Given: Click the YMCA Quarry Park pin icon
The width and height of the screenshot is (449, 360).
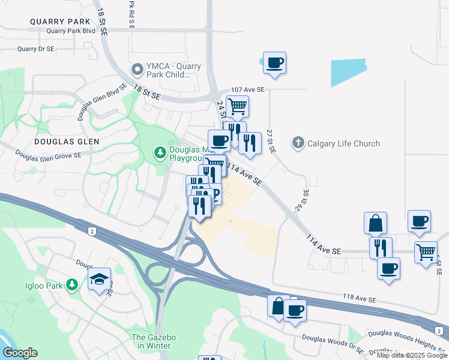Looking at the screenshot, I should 137,70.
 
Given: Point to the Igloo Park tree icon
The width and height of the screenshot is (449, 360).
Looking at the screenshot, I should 71,284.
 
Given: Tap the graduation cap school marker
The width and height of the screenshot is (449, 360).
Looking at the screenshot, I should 99,279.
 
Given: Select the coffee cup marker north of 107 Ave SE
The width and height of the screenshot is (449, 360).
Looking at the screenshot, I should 274,62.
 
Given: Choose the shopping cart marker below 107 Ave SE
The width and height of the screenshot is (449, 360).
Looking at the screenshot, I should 237,107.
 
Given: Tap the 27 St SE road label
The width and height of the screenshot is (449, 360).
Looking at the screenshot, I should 270,142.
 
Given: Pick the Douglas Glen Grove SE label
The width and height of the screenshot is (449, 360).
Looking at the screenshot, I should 49,156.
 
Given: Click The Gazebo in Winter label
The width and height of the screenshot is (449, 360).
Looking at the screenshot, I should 154,342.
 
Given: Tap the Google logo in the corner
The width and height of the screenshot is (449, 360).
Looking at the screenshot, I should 20,353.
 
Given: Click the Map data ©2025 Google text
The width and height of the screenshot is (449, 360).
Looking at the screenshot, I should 412,355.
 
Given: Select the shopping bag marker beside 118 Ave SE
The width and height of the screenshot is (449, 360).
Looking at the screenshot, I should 277,307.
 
